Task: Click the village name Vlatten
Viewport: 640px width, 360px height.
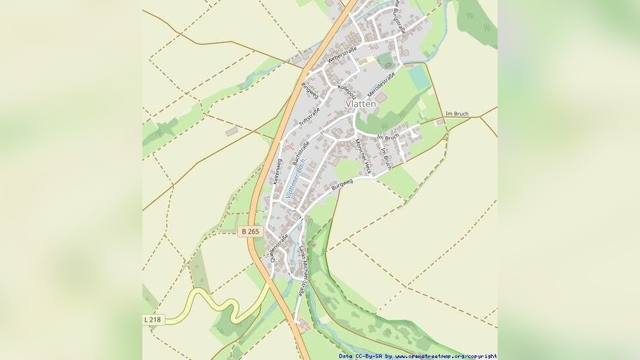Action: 361,104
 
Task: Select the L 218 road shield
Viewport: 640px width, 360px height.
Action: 152,319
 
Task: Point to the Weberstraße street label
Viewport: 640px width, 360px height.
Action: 341,55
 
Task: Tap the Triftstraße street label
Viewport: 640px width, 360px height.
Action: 309,117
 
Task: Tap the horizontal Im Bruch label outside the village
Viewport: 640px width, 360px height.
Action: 457,114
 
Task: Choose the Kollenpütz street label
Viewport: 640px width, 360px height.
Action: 347,92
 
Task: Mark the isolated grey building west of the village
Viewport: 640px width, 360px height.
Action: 231,132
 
